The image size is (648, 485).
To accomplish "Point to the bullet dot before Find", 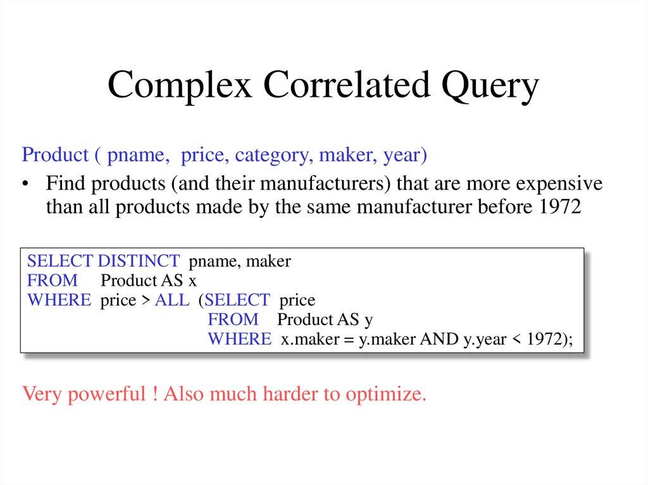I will click(x=25, y=185).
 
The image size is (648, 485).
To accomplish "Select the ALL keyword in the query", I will click(x=172, y=300).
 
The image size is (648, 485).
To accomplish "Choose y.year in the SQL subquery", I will click(x=485, y=339).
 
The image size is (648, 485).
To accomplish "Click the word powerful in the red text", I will click(x=104, y=395).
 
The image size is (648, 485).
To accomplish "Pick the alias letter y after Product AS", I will click(x=368, y=319).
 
